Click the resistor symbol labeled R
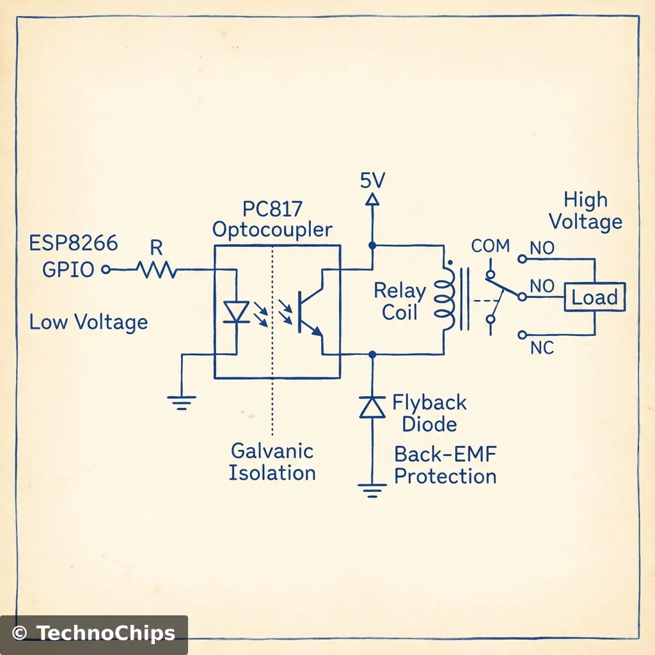[157, 270]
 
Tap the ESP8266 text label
[74, 244]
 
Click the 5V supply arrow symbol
[372, 200]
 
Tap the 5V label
[372, 180]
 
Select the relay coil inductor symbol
[444, 299]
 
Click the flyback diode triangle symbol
[372, 407]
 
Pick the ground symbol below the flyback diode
[372, 491]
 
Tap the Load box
[594, 298]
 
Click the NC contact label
[542, 349]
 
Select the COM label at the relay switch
[491, 246]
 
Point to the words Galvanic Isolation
[272, 462]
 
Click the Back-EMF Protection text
[445, 466]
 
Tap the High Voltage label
[585, 211]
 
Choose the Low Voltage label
[88, 322]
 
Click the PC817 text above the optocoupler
[272, 209]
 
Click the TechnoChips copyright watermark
[94, 633]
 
